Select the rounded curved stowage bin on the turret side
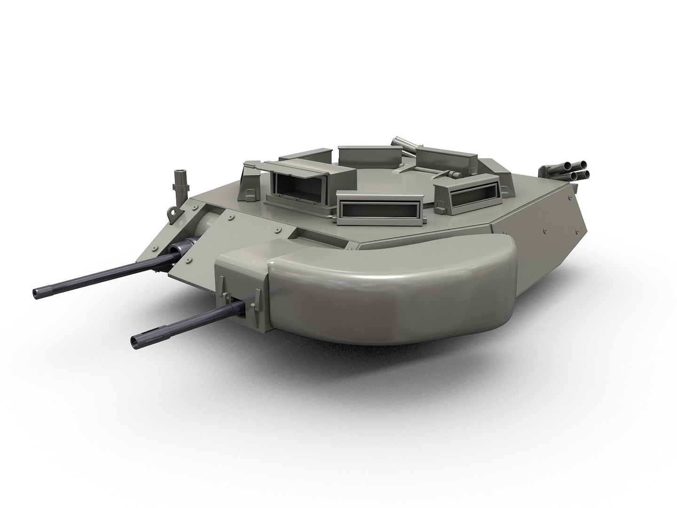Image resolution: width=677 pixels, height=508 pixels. [386, 292]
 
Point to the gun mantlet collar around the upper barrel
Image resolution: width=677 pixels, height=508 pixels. [186, 246]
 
